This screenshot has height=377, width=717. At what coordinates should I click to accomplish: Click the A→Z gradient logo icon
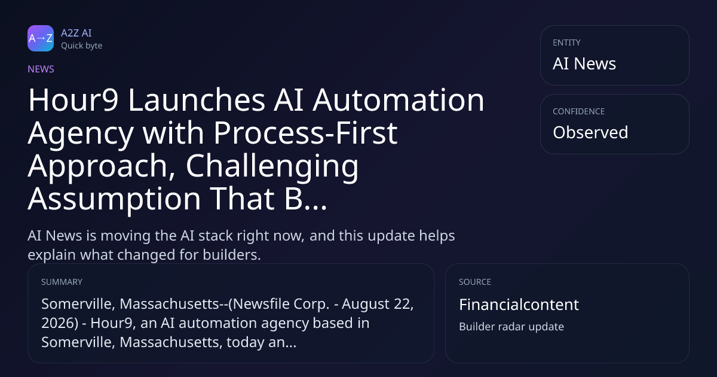[x=41, y=38]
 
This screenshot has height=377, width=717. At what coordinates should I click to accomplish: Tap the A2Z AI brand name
[x=76, y=33]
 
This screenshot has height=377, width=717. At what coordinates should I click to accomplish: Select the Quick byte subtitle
[x=82, y=46]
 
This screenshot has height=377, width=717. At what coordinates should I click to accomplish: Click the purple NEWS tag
[x=41, y=69]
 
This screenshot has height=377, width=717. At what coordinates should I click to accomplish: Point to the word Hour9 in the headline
[x=73, y=100]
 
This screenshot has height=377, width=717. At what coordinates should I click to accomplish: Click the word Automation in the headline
[x=399, y=100]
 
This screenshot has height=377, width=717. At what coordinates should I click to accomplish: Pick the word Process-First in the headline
[x=305, y=133]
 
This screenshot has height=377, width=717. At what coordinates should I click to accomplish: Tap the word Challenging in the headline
[x=272, y=167]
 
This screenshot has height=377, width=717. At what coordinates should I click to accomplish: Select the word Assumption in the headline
[x=114, y=199]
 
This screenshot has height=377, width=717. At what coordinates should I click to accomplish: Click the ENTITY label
[x=566, y=42]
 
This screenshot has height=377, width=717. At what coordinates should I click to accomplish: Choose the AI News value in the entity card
[x=584, y=63]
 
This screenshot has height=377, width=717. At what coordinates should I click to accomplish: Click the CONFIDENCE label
[x=579, y=111]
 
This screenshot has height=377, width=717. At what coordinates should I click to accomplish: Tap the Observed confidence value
[x=590, y=132]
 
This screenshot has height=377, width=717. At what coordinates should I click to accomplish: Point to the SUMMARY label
[x=62, y=282]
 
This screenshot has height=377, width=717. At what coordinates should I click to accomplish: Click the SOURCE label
[x=475, y=282]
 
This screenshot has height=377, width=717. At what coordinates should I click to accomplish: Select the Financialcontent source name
[x=519, y=305]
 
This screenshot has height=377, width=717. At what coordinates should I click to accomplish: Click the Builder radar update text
[x=511, y=327]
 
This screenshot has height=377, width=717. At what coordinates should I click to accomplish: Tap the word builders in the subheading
[x=232, y=255]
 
